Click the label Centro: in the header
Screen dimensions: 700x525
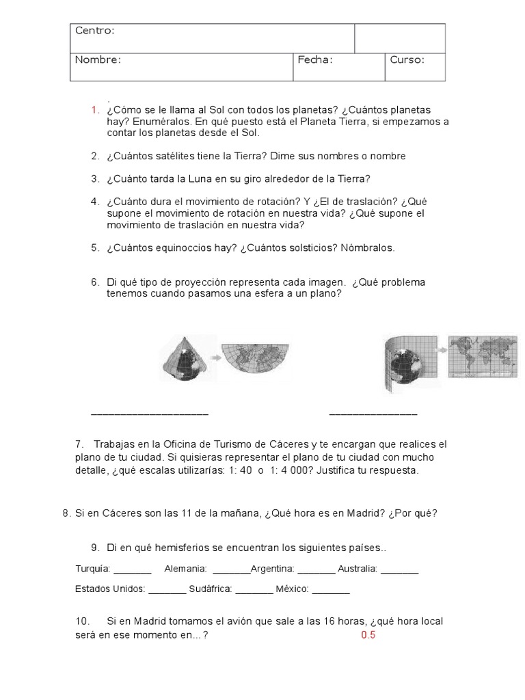(94, 31)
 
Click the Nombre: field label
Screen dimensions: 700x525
(98, 59)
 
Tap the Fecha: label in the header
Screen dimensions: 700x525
(315, 59)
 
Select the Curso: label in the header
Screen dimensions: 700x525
(407, 59)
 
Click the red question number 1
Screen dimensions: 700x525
(94, 110)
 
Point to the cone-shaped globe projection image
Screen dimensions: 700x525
(184, 359)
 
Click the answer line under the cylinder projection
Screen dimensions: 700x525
(373, 414)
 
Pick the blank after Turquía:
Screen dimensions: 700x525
(132, 570)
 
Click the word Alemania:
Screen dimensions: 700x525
(186, 569)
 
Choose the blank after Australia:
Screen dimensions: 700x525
(399, 570)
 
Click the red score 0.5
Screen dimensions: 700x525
(368, 635)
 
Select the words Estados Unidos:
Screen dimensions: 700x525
(110, 589)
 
